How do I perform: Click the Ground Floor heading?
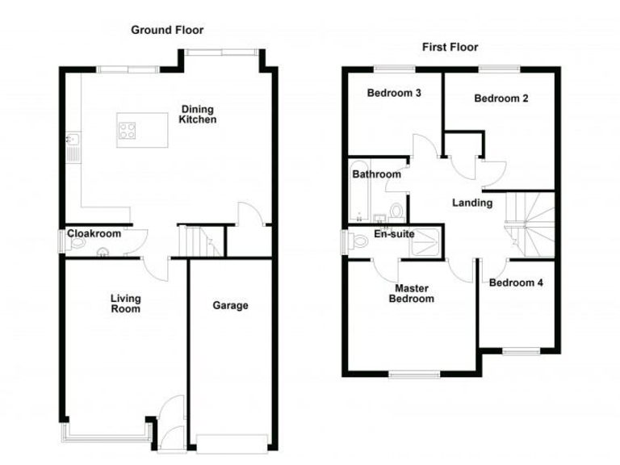click(x=168, y=30)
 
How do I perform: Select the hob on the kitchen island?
click(x=128, y=129)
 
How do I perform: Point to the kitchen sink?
click(x=71, y=146)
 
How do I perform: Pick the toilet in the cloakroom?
click(x=68, y=241)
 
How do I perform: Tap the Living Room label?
click(x=125, y=303)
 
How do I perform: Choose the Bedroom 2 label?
click(x=501, y=99)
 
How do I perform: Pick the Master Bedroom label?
click(x=414, y=293)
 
